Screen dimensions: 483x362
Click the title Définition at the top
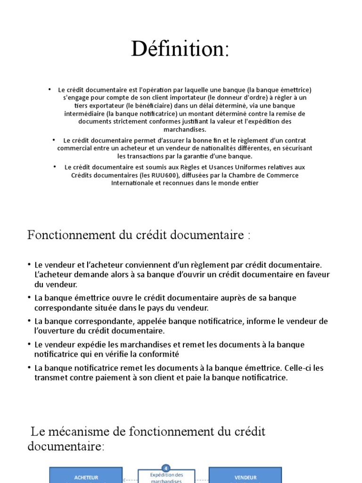[181, 49]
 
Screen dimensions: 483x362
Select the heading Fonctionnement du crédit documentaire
[139, 234]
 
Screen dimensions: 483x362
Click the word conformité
[156, 354]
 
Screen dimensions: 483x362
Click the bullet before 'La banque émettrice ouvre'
[29, 298]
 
